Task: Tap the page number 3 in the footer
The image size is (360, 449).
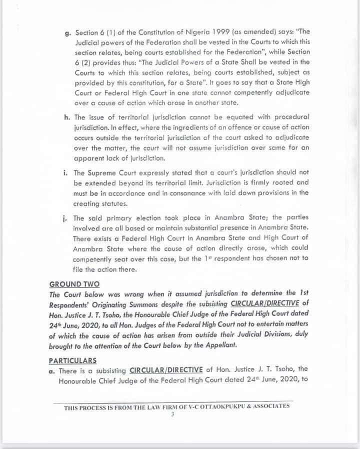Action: [172, 414]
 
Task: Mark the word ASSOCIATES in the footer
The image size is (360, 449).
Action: [271, 407]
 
